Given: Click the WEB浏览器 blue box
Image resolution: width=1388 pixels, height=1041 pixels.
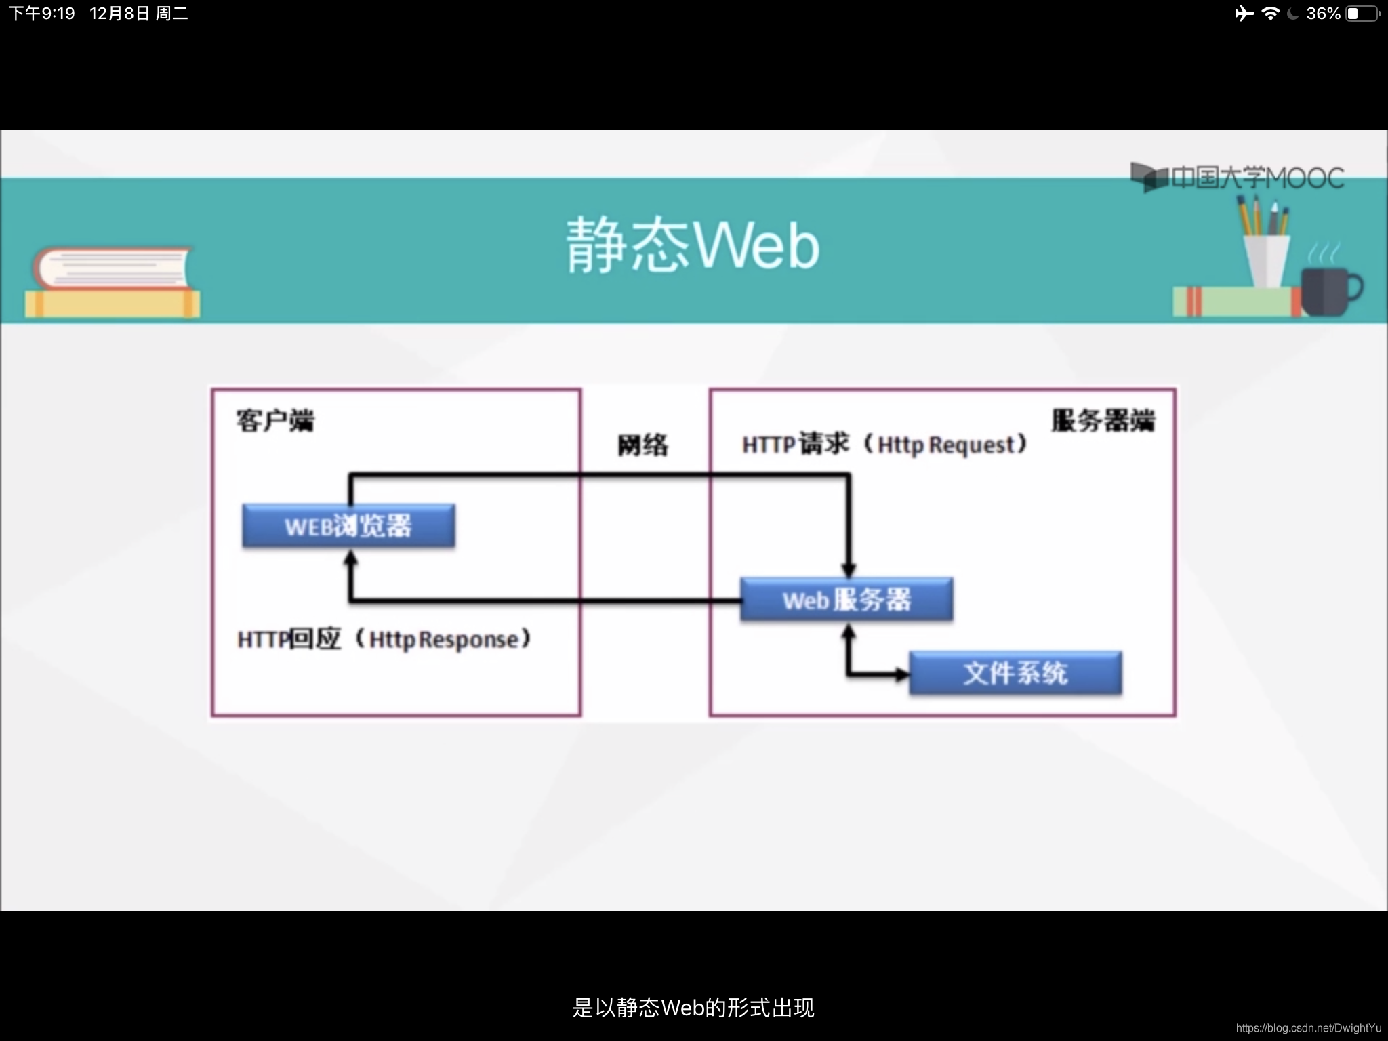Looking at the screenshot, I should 348,525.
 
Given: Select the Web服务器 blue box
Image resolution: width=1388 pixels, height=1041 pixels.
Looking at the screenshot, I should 846,599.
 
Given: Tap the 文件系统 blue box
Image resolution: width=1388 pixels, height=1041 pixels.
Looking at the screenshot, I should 1015,673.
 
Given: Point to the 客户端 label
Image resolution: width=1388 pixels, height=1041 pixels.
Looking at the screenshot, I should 275,420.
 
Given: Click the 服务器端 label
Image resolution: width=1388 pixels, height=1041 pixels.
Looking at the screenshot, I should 1103,420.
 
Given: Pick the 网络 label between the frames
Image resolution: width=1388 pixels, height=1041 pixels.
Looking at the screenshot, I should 642,445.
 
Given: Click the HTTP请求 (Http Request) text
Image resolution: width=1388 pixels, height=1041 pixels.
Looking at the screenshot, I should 884,445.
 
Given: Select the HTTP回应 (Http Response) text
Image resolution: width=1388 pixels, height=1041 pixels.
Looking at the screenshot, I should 384,638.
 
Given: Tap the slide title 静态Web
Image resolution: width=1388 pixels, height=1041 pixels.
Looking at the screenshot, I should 693,245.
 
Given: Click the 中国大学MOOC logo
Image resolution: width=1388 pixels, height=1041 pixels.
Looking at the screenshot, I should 1238,178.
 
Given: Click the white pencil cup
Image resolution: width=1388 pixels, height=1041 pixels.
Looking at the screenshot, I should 1266,260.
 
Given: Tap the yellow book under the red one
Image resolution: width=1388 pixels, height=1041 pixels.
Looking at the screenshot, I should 113,304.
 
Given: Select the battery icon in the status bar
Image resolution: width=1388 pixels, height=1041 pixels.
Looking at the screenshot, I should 1363,14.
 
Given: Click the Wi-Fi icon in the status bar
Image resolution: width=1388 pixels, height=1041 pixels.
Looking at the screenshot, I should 1270,14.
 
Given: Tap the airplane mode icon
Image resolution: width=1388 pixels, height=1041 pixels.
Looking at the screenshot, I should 1244,14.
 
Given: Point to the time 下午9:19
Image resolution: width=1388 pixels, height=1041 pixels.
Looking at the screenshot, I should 42,14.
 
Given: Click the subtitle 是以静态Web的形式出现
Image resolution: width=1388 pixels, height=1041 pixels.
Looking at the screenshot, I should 693,1008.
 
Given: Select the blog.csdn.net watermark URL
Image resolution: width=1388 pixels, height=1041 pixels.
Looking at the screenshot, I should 1308,1028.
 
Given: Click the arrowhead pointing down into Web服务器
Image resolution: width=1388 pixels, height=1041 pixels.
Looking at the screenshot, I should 849,570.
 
